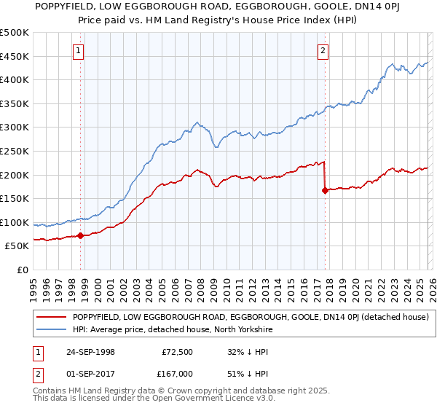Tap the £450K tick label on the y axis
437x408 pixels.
[15, 57]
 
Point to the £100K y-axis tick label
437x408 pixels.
[15, 223]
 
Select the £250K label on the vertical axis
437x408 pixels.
[15, 152]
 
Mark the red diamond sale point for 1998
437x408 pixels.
[81, 235]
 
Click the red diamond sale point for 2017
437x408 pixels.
[324, 191]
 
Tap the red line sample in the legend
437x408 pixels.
[52, 317]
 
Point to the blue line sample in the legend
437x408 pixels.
[52, 329]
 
